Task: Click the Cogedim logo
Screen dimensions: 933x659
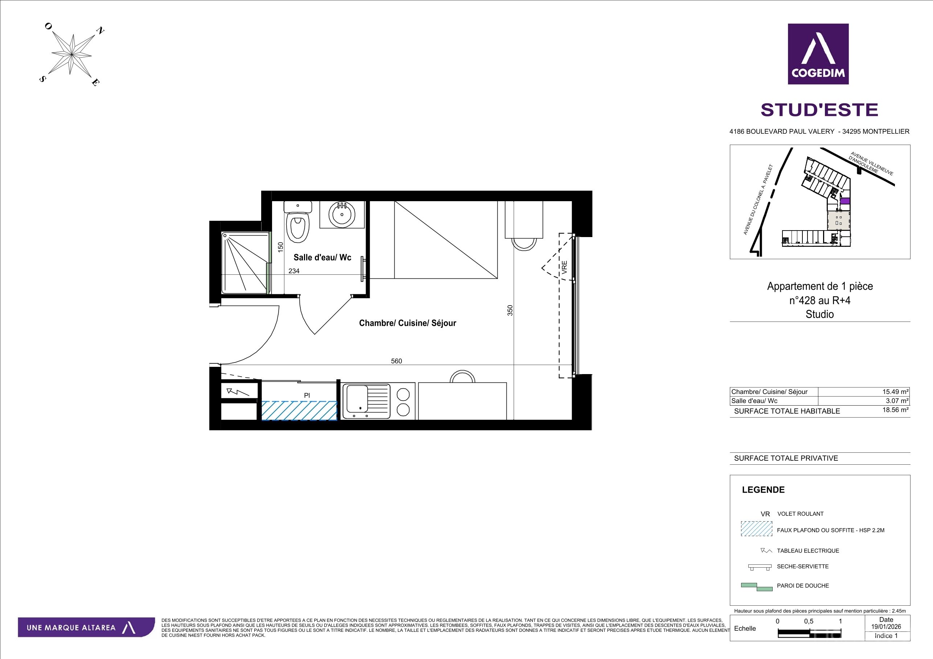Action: pos(818,54)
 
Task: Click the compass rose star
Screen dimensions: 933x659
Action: pos(71,54)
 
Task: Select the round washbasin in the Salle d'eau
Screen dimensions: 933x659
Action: pos(342,215)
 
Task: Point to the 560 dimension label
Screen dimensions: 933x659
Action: pos(396,361)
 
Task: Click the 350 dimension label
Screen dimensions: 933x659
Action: pos(510,310)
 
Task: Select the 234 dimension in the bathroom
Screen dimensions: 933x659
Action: pos(294,271)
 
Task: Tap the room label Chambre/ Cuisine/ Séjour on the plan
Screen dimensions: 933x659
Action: pos(408,323)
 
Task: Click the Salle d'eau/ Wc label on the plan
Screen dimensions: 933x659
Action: pos(322,257)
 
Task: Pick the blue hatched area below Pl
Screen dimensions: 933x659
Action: pos(299,410)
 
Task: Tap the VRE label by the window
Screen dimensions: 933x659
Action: pos(564,268)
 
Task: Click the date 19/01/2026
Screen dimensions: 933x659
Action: pos(886,626)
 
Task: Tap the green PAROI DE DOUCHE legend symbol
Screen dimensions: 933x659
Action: pos(757,587)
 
